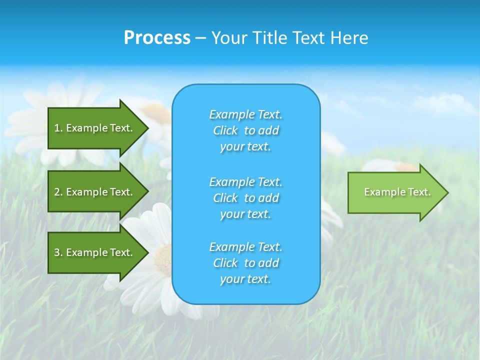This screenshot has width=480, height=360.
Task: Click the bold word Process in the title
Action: tap(157, 38)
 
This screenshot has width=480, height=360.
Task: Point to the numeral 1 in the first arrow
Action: tap(57, 128)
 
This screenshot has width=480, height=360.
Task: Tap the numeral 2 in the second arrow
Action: tap(57, 192)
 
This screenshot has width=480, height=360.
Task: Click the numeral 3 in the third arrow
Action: tap(57, 252)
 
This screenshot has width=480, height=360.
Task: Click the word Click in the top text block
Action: tap(225, 130)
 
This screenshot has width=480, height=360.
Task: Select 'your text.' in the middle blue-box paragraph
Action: tap(245, 214)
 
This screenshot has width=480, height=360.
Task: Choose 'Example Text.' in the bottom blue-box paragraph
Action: tap(245, 247)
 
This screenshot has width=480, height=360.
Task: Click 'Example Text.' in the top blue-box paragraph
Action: tap(245, 114)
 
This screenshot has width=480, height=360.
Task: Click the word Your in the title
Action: tap(228, 38)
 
